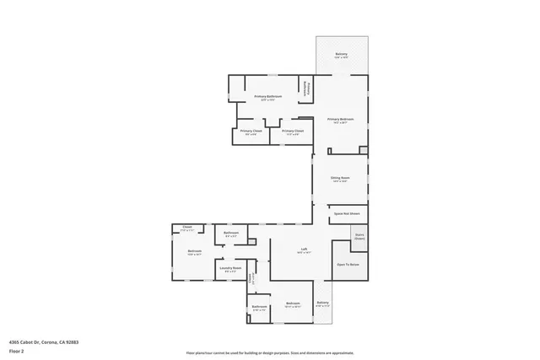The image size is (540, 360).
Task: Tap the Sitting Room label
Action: pos(340,180)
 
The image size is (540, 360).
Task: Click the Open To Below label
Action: pos(348,264)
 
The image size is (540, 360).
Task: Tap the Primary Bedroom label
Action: pos(340,121)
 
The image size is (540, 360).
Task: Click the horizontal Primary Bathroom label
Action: pos(267,98)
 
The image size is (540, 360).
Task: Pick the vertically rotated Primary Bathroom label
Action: pos(308,87)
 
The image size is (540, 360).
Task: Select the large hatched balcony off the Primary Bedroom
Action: pos(342,56)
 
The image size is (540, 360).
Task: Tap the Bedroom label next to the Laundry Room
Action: pos(194,252)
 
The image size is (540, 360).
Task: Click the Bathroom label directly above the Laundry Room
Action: pos(230,234)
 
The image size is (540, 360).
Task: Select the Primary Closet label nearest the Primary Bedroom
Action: pos(293,132)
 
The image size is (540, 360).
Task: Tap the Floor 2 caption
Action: pos(17,352)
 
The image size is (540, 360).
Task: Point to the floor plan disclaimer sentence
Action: pos(269,352)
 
